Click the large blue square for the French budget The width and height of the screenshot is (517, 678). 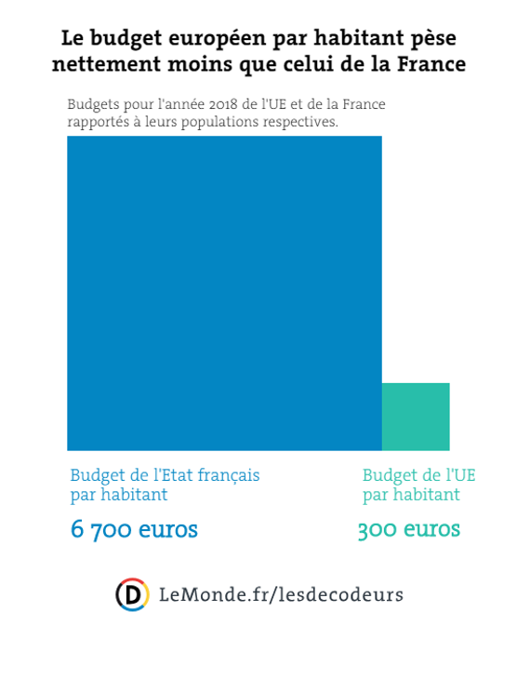[224, 293]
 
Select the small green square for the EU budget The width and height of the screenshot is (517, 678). [416, 417]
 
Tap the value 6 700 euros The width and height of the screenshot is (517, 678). [134, 530]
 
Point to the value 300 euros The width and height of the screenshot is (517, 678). [409, 530]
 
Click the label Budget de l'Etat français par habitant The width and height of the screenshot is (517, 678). [165, 485]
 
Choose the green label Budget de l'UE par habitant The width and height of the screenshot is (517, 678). [418, 485]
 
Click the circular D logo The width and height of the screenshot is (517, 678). [132, 594]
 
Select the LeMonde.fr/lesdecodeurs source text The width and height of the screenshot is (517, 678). [282, 594]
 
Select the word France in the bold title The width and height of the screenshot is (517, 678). [431, 66]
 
